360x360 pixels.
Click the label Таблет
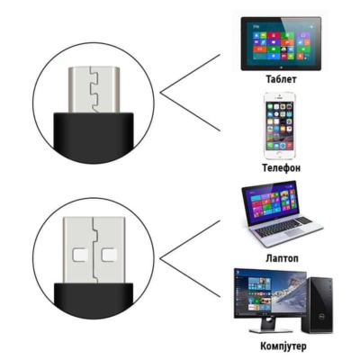[281, 79]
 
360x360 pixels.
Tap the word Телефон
[281, 167]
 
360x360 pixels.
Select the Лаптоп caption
[282, 258]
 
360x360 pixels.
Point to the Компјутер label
[283, 346]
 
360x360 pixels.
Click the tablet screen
[281, 43]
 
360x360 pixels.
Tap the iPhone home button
[280, 154]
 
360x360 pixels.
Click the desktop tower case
[320, 305]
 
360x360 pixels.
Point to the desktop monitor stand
[271, 325]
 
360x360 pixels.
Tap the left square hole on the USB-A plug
[80, 255]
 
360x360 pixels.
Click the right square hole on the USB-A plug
[109, 255]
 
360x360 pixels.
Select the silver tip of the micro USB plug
[94, 90]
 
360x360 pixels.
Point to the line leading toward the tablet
[190, 74]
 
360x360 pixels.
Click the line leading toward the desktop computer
[190, 278]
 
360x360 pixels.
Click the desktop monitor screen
[270, 293]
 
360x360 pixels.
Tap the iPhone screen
[280, 125]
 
